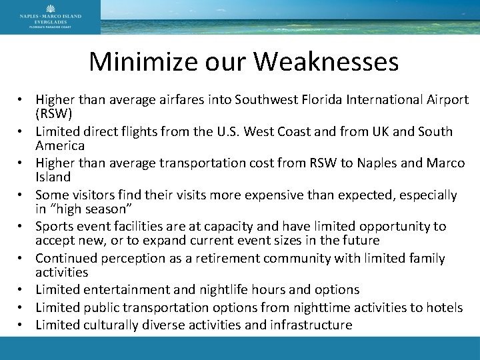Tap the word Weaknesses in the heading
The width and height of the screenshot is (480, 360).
tap(327, 62)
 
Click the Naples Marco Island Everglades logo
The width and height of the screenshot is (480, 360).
tap(51, 17)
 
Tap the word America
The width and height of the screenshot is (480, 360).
tap(60, 145)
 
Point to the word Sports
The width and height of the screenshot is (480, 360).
tap(54, 227)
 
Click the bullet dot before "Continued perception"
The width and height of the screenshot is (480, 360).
tap(23, 259)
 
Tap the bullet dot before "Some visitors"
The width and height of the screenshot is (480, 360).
tap(23, 195)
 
